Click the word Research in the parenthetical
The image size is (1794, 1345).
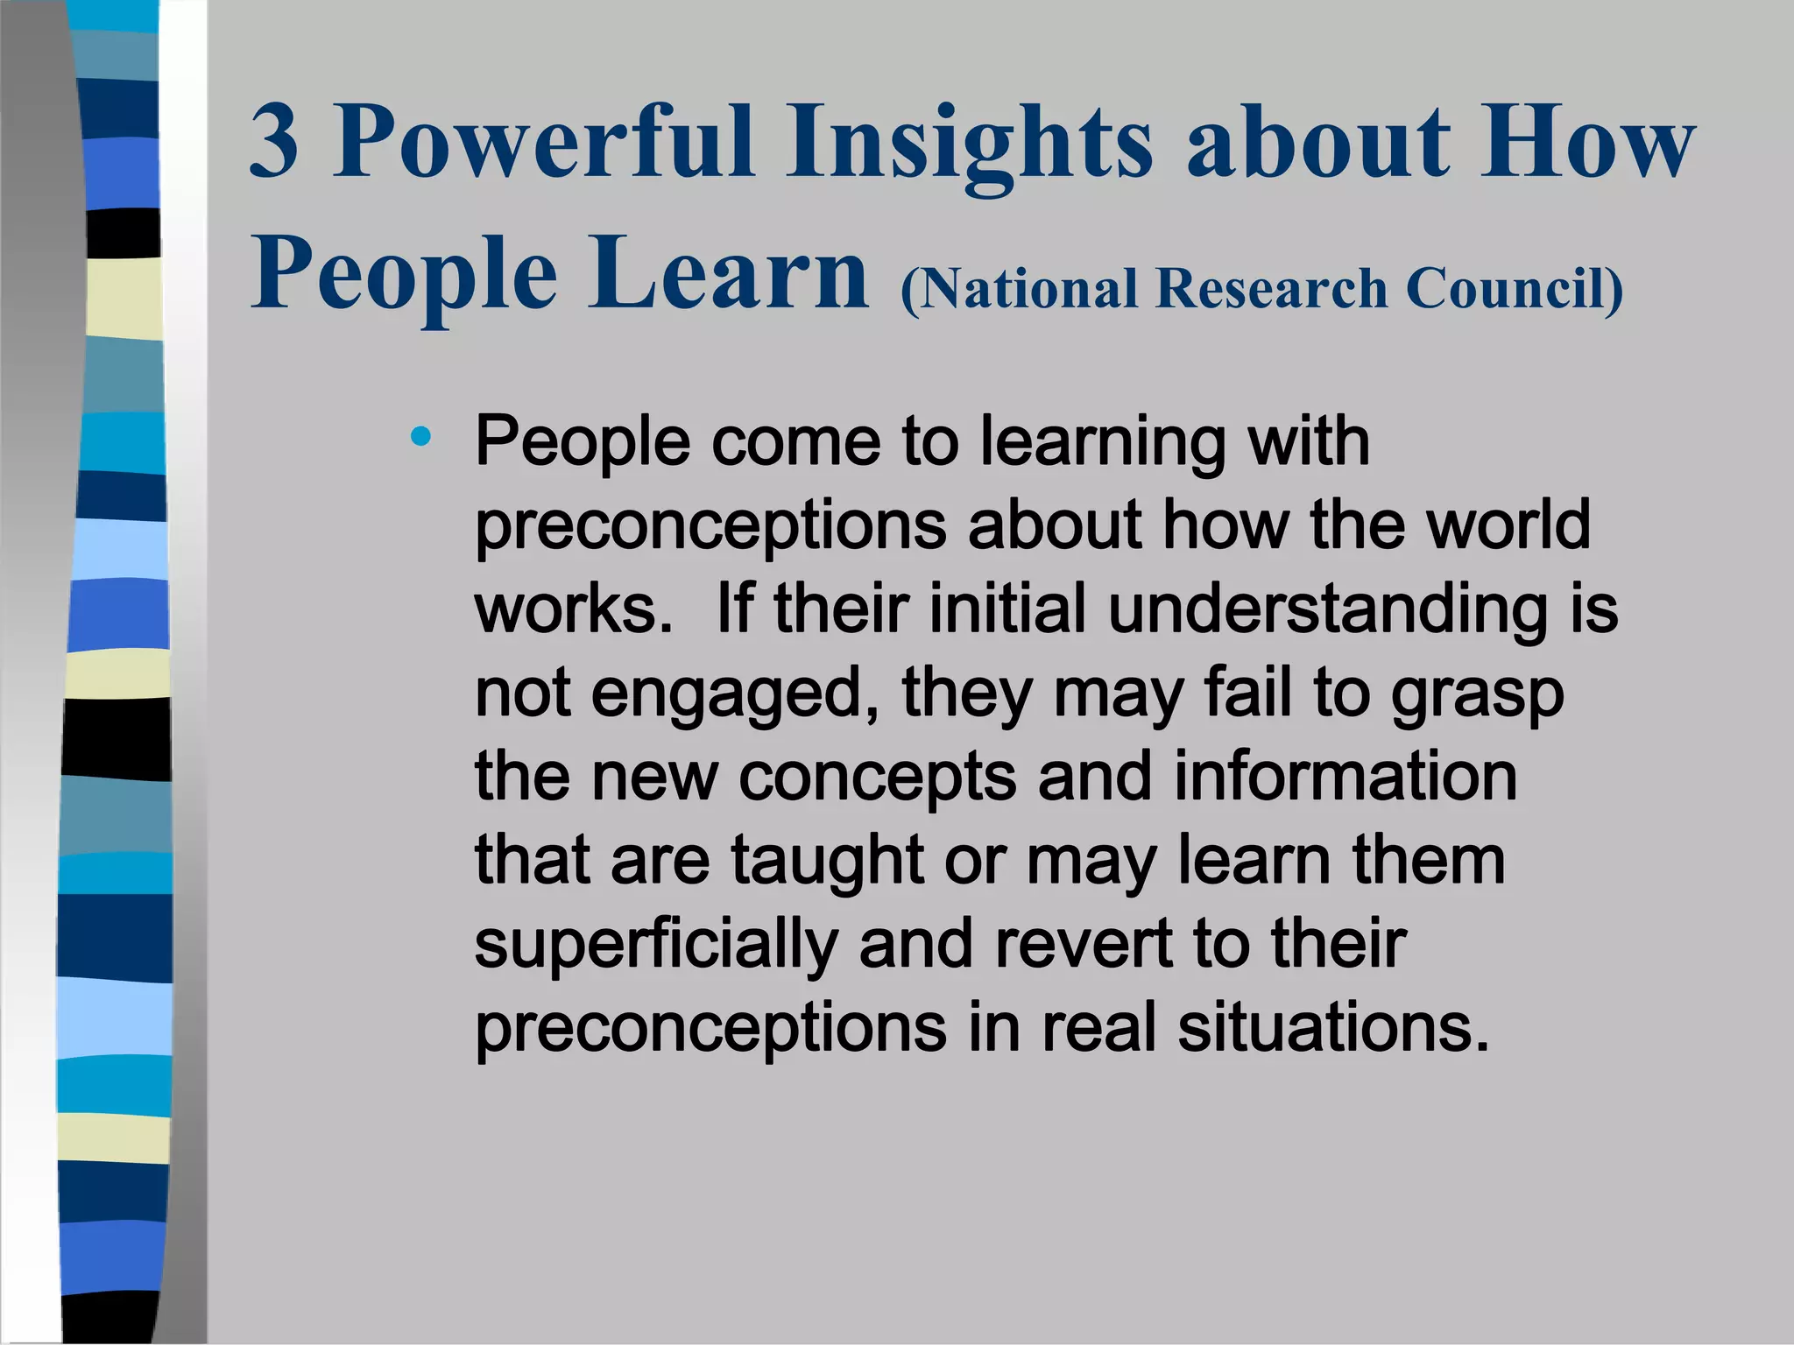1271,289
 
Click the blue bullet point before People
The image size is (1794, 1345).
421,436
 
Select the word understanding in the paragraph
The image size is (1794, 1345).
1327,609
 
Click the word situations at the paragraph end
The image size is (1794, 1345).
1332,1028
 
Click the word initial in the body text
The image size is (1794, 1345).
1006,608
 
